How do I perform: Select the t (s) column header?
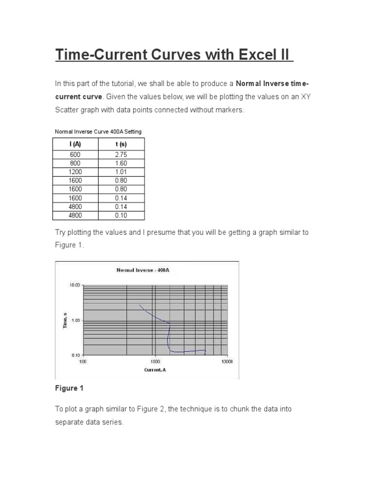121,144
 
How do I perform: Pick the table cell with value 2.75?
121,155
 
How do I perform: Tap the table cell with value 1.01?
121,172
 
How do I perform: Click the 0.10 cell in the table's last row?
121,215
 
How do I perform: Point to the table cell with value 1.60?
121,163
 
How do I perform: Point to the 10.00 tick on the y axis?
73,285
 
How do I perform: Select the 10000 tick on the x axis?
227,362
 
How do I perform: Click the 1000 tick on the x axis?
155,362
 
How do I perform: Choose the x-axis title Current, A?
155,369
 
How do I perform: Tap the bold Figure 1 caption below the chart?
69,388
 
